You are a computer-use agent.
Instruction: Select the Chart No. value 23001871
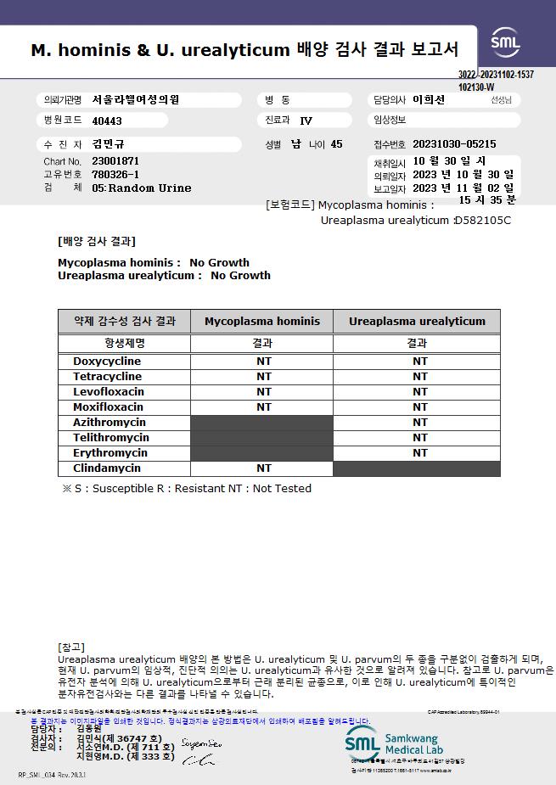tap(115, 161)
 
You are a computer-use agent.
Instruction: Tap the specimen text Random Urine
tap(149, 188)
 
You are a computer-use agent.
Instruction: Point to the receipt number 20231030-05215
tap(454, 144)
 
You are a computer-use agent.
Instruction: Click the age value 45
tap(336, 144)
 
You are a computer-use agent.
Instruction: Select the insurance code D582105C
tap(483, 221)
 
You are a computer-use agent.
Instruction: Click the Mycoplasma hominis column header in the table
tap(262, 322)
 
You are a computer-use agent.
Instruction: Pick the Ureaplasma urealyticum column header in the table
tap(417, 322)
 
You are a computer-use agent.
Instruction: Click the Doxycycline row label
tap(107, 362)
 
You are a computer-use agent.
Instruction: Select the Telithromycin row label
tap(111, 438)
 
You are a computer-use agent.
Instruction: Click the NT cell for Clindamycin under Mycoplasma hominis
tap(264, 468)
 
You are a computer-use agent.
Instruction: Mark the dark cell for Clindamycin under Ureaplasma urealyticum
tap(417, 468)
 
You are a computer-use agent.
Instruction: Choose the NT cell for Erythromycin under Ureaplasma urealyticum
tap(420, 453)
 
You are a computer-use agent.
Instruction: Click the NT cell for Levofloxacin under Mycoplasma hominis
tap(264, 392)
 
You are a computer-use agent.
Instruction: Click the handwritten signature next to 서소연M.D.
tap(200, 745)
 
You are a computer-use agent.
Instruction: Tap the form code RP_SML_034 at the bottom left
tap(52, 775)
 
